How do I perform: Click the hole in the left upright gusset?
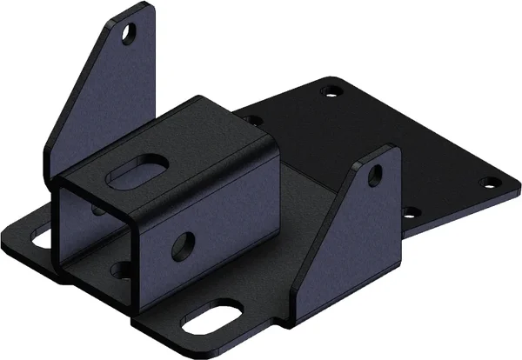pyautogui.click(x=130, y=34)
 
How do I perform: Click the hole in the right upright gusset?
pyautogui.click(x=373, y=173)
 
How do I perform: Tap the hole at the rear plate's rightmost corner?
pyautogui.click(x=489, y=183)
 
